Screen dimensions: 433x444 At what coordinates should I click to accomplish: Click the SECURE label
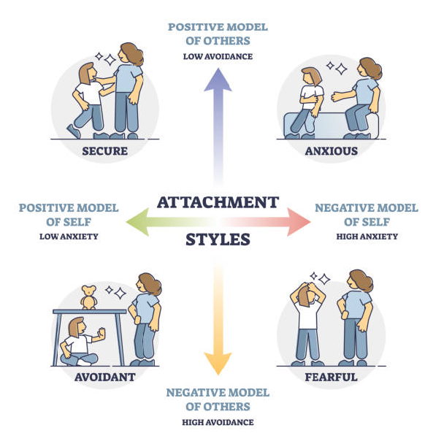(x=104, y=151)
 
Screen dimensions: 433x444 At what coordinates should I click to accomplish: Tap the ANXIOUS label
(x=331, y=151)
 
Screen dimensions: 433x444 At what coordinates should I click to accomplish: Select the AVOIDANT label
(x=104, y=377)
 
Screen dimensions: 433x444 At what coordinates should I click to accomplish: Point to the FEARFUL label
(x=331, y=377)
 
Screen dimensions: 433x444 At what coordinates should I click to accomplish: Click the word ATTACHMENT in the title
(x=218, y=202)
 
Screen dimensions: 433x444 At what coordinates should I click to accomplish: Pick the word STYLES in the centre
(x=218, y=240)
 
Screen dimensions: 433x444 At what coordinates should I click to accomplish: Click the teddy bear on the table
(x=88, y=297)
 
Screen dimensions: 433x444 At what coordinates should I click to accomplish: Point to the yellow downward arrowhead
(x=218, y=364)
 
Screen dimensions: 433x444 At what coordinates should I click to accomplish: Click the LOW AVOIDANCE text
(x=218, y=57)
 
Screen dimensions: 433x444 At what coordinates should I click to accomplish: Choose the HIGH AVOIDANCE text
(x=218, y=423)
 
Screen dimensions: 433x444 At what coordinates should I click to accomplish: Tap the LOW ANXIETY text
(x=69, y=237)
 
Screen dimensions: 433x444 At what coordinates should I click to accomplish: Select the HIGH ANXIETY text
(x=367, y=237)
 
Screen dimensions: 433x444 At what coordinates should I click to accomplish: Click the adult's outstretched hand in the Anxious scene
(x=337, y=96)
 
